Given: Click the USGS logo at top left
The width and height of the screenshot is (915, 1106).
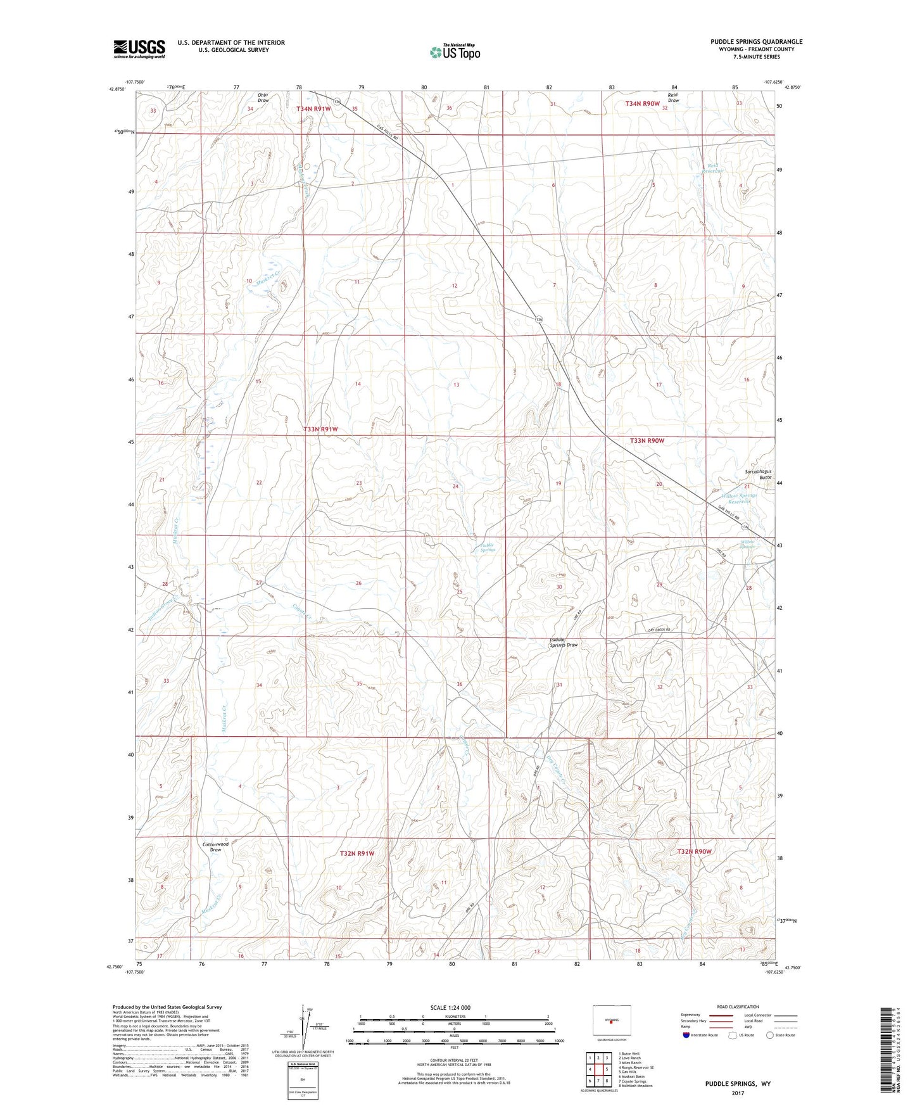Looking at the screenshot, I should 139,49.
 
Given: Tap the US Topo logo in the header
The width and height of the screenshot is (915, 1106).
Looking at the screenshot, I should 454,52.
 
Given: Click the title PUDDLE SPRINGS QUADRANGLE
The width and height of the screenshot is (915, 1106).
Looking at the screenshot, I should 756,42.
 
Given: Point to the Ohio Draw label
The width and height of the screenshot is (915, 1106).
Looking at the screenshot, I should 263,98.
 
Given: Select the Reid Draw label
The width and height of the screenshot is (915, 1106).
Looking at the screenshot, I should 673,98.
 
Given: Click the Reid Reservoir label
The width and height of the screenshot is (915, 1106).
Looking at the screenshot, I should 715,169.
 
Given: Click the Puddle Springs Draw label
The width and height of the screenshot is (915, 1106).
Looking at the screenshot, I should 564,642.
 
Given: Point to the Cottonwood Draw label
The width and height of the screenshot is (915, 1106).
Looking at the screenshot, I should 215,847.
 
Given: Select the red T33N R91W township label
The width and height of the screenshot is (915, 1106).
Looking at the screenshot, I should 320,429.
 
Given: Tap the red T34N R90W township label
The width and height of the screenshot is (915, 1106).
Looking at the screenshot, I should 642,103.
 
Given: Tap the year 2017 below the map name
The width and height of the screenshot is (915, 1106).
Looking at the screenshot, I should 737,1093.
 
